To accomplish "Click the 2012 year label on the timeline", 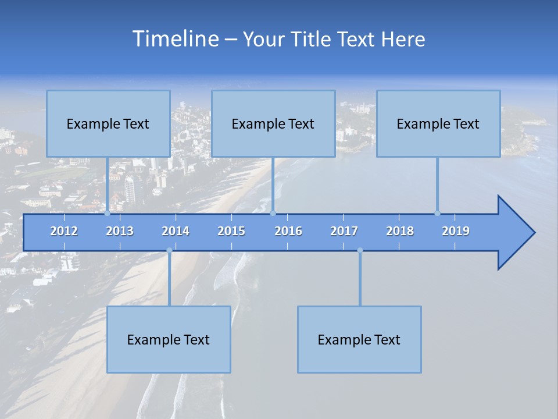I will point(64,231).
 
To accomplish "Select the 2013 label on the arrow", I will point(120,231).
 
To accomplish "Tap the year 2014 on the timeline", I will point(176,231).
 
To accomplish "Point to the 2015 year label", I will point(231,231).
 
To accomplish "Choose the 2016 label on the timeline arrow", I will point(288,231).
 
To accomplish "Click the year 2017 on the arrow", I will point(344,231).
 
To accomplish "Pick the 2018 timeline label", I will point(400,231).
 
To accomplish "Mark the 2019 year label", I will point(456,231).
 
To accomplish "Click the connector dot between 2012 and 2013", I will point(108,213).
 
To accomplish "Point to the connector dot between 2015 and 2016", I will point(273,213).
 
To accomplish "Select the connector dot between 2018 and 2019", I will point(438,213).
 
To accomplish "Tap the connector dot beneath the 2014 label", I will point(169,250).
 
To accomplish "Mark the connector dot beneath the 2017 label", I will point(360,250).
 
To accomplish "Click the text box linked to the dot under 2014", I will point(169,339).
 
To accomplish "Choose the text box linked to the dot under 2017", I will point(359,339).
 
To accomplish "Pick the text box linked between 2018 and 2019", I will point(438,123).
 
